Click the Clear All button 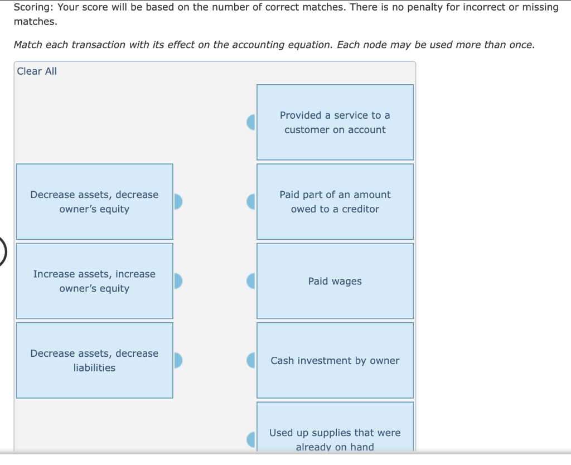click(x=37, y=71)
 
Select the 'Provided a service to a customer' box click(x=335, y=122)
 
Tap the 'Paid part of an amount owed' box click(x=335, y=201)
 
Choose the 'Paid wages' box click(x=335, y=281)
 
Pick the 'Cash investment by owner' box click(x=335, y=361)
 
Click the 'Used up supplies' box click(x=335, y=432)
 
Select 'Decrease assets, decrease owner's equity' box click(x=94, y=201)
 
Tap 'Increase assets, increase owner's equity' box click(x=94, y=281)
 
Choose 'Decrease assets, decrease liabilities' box click(x=94, y=360)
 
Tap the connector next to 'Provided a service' click(x=251, y=122)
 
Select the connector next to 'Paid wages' click(x=251, y=281)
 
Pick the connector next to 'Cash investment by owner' click(x=251, y=361)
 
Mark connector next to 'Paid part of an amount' click(x=251, y=201)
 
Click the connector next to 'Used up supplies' click(x=251, y=439)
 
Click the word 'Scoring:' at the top click(x=33, y=7)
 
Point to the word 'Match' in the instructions click(x=28, y=45)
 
